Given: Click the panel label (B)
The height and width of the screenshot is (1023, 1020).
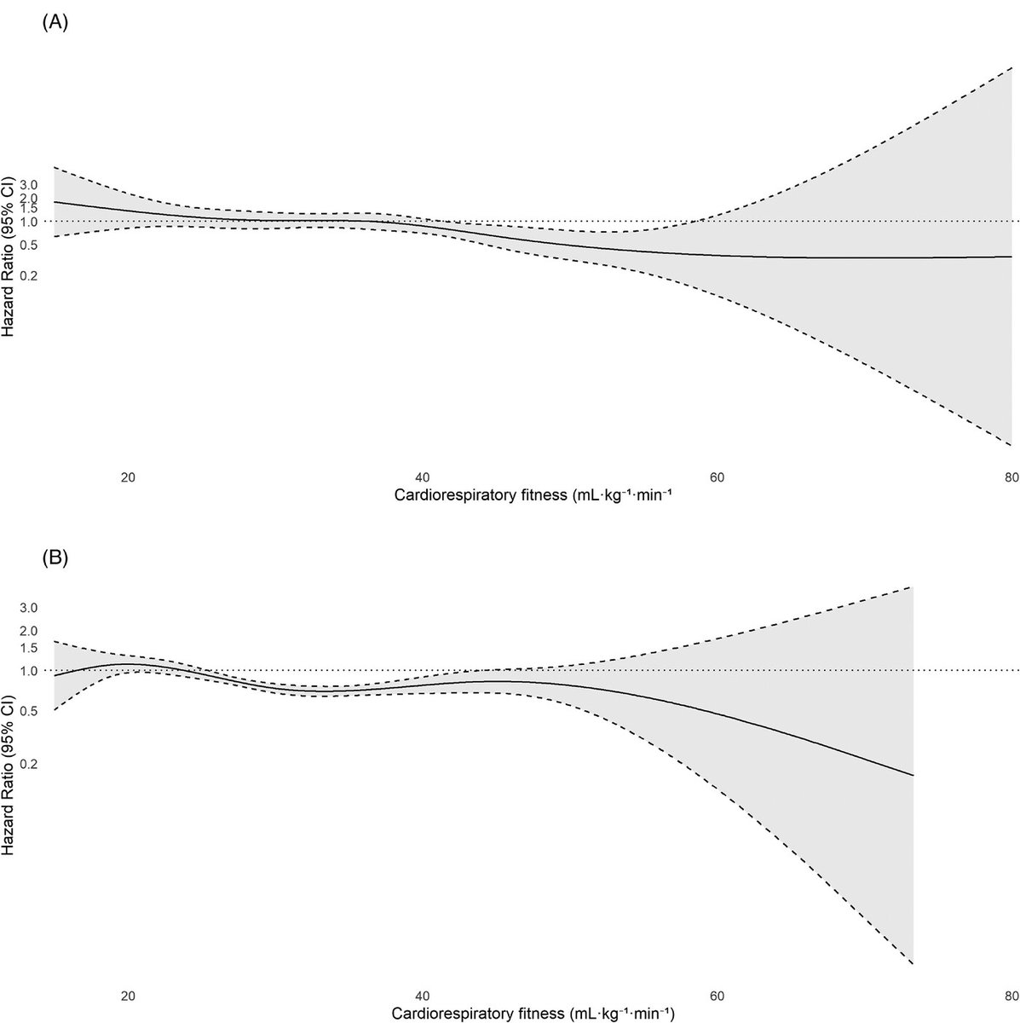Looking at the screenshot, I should [55, 559].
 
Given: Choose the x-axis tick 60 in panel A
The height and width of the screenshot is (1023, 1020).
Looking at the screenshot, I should [717, 477].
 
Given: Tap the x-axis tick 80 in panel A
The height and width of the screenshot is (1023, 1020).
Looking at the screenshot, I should [1011, 477].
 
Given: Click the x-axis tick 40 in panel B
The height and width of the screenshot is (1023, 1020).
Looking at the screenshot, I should [422, 994].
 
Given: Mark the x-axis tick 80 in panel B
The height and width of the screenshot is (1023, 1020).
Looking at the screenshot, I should [1011, 994].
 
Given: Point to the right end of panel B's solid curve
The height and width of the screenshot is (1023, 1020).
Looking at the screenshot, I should [913, 776].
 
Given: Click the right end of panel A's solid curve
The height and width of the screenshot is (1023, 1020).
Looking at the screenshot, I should [1011, 257].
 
